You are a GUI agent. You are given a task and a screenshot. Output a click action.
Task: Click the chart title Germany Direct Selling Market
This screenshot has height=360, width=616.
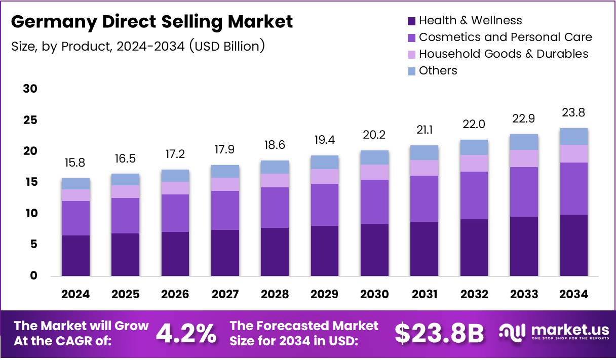click(151, 21)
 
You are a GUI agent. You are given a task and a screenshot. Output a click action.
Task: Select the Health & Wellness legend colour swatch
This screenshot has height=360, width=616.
click(411, 21)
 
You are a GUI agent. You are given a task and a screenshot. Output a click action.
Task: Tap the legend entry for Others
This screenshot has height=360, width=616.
click(438, 70)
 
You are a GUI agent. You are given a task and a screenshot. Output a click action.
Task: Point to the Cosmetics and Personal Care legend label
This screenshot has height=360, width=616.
click(505, 37)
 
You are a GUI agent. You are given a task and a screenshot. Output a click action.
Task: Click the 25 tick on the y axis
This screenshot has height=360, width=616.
click(30, 120)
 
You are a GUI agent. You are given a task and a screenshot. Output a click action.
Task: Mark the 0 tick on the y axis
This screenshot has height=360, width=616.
click(34, 276)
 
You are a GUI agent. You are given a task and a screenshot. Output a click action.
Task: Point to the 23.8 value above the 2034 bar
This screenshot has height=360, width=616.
click(573, 112)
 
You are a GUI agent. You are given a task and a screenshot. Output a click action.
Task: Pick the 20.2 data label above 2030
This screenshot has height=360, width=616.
click(374, 135)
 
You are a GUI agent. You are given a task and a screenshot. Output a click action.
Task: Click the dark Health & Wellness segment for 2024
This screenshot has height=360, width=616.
click(75, 256)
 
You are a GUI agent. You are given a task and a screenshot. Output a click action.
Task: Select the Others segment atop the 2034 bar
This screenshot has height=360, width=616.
click(573, 136)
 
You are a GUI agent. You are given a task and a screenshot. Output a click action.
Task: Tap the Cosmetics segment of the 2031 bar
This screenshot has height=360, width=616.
click(424, 198)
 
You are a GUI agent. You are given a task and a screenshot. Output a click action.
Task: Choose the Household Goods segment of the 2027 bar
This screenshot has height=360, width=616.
click(225, 184)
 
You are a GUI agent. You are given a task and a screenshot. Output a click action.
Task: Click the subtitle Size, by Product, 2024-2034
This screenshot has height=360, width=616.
click(138, 47)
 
